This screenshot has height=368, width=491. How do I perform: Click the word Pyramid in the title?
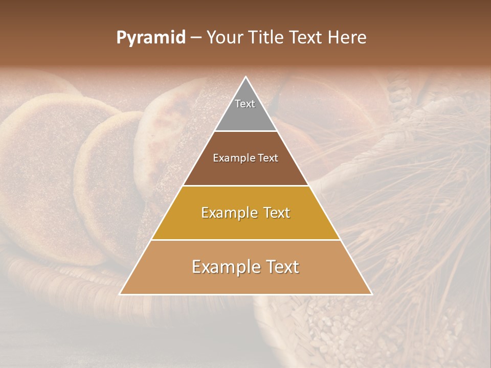tap(151, 38)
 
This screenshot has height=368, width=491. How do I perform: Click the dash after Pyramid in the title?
tap(196, 38)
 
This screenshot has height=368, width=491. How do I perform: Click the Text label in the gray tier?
tap(245, 104)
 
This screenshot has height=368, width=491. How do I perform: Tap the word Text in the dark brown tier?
tap(268, 158)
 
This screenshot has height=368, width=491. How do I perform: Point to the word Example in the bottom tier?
tap(223, 267)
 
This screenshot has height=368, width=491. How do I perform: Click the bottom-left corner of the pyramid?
tap(120, 294)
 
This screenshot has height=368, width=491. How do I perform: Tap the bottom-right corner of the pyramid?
tap(372, 294)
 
